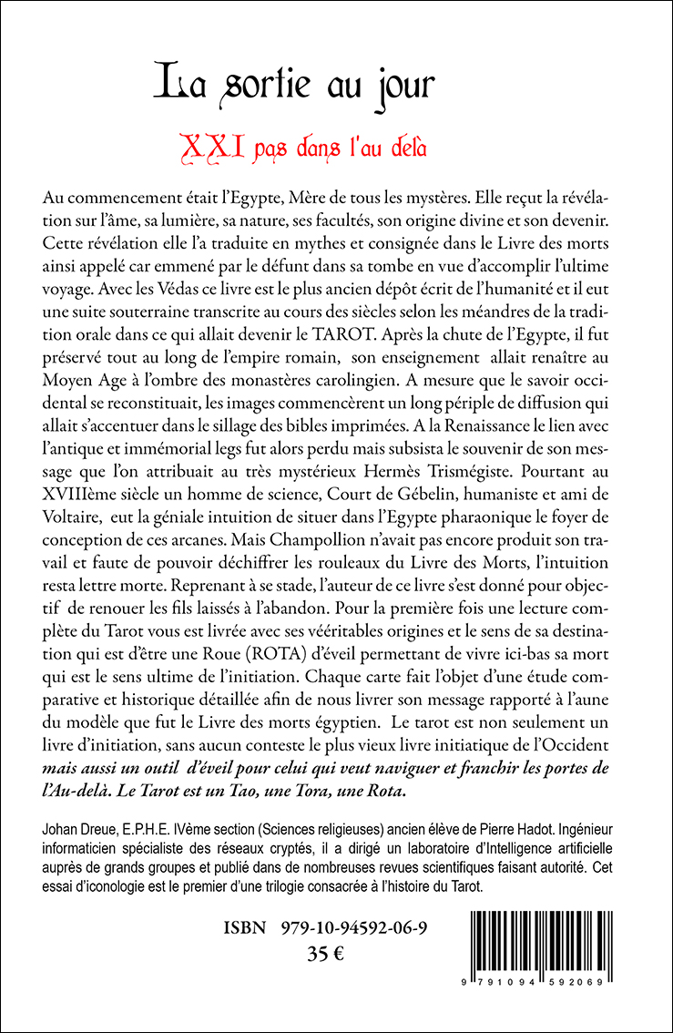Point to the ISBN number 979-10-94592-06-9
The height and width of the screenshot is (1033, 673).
coord(362,928)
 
